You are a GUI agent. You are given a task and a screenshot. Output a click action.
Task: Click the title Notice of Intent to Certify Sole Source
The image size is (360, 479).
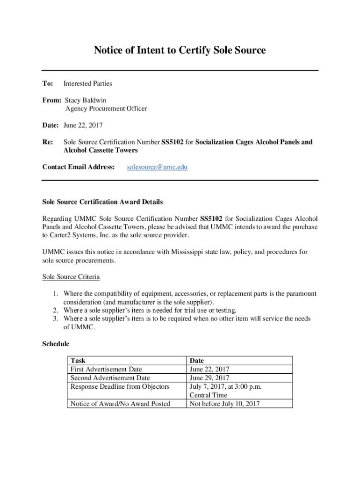(180, 50)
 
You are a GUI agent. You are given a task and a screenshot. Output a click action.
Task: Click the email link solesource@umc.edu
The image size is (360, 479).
(157, 167)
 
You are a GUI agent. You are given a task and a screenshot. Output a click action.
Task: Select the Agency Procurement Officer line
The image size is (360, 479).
(106, 109)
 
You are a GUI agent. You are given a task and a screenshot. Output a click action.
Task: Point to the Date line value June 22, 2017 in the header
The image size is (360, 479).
(83, 125)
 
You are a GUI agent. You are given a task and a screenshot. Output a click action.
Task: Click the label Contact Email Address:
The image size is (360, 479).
(79, 167)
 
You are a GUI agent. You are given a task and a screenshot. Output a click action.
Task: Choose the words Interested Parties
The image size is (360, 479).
(88, 84)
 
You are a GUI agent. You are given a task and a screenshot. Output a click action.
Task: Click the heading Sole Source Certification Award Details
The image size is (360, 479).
(102, 202)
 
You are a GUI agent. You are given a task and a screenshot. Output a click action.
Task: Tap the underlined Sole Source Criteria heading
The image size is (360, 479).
(71, 277)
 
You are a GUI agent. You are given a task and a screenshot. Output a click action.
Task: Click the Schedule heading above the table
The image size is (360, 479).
(56, 344)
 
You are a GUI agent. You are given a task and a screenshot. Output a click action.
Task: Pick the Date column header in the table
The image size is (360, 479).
(197, 361)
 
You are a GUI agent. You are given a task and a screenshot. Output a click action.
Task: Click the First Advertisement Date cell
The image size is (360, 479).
(106, 369)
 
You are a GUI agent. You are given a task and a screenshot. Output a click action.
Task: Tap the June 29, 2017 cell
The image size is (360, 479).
(209, 378)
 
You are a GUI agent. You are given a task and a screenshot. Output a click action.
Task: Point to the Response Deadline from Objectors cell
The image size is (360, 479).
(120, 386)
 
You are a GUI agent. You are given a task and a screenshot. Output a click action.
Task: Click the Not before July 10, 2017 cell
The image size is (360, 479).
(224, 404)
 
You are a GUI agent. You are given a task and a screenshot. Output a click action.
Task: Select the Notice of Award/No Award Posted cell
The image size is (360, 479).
(120, 404)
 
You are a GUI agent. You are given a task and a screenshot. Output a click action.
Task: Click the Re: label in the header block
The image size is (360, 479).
(48, 142)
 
